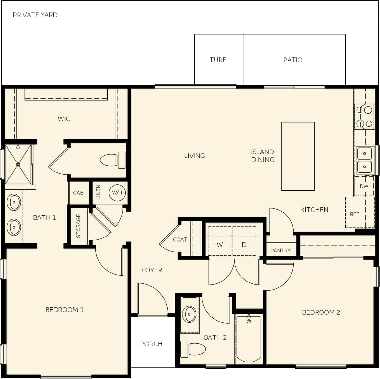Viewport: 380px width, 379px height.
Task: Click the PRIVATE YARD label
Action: pos(35,15)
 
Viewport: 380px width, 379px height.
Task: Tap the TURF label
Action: pos(218,60)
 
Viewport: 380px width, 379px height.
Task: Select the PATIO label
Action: pos(293,60)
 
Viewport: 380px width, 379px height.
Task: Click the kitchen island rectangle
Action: pos(298,156)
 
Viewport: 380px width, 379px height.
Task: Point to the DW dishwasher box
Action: pos(364,186)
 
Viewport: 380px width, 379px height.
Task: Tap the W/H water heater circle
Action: pos(117,192)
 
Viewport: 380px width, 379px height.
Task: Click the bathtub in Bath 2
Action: pos(249,339)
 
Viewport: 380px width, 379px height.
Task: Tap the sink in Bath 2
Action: pos(189,314)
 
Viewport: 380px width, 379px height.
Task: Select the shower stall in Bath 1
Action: pos(18,164)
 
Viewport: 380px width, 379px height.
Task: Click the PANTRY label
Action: pos(281,251)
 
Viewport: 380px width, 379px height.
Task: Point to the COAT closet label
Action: pos(180,240)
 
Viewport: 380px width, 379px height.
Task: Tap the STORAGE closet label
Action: pos(78,226)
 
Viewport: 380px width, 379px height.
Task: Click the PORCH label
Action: pos(151,344)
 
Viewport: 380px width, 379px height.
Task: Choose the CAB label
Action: pos(78,193)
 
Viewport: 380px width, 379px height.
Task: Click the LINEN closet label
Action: pos(98,192)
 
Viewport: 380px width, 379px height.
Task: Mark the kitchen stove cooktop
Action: pos(364,117)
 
